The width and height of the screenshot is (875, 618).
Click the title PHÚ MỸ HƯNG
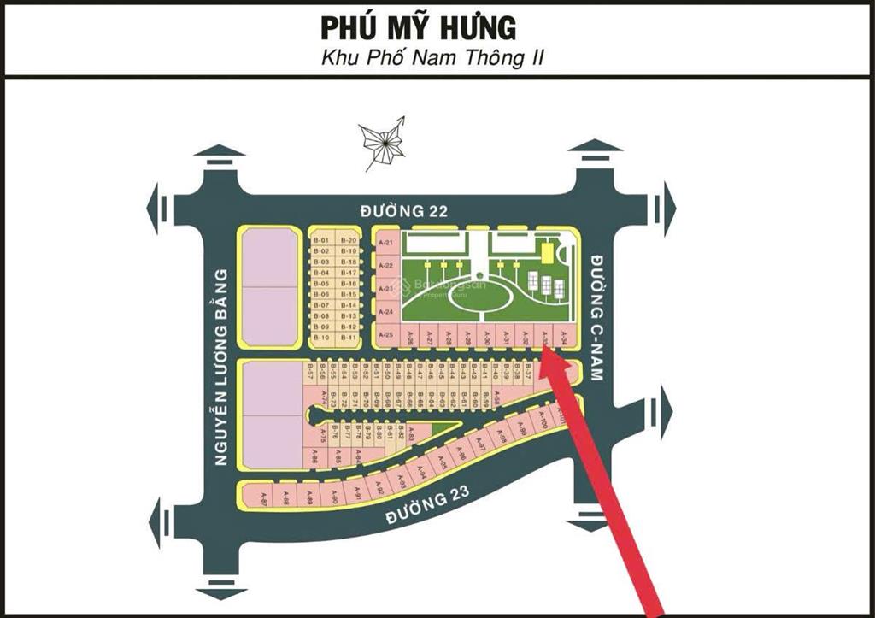tap(418, 27)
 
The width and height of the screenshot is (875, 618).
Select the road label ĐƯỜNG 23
tap(429, 507)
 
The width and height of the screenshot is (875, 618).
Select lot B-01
tap(321, 240)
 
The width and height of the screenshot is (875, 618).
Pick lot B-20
tap(348, 240)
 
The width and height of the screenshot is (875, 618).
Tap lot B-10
tap(321, 338)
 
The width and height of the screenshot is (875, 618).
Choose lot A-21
tap(385, 244)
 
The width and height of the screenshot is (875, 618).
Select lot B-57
tap(310, 370)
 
